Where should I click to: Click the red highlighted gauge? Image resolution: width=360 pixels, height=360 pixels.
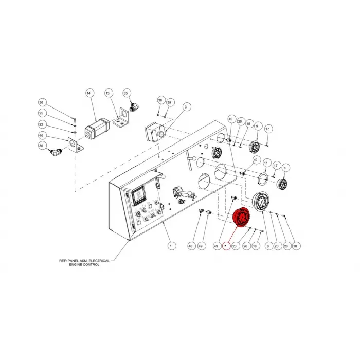pos(242,217)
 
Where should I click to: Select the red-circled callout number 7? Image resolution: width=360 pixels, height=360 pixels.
pos(225,246)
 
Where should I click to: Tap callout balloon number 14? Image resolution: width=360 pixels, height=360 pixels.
pos(89,93)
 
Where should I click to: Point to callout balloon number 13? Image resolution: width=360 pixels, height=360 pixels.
pos(107,93)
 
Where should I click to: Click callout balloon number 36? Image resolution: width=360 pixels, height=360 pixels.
pos(41,103)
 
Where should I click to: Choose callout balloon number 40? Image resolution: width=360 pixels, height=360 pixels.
pos(41,136)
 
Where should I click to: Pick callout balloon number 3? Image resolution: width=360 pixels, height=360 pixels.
pos(186,107)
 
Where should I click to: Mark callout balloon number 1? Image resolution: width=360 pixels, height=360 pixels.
pos(171,246)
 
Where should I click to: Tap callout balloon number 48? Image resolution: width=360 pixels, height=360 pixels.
pos(191,246)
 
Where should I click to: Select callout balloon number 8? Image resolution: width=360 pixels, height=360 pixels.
pos(268,246)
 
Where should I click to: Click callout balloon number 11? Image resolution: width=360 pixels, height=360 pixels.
pos(266,163)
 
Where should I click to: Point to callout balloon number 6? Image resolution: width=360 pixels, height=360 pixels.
pos(285,168)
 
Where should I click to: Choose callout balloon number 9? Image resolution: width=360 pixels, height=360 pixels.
pos(257,126)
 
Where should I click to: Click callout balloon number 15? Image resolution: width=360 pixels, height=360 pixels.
pos(248,124)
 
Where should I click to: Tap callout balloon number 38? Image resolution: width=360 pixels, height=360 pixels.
pos(160,100)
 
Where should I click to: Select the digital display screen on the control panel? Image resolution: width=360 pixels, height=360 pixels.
pos(138,195)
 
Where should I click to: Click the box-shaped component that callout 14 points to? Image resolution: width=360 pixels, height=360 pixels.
pos(97,129)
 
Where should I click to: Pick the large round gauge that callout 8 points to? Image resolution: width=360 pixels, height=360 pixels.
pos(261,202)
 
